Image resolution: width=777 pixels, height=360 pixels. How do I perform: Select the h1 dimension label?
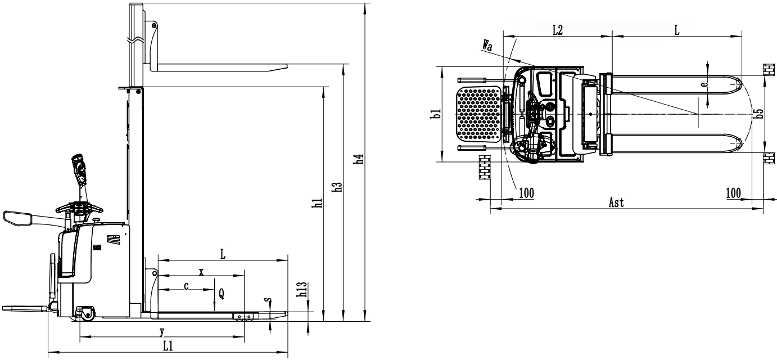pos(318,203)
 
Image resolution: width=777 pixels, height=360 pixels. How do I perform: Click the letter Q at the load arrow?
pos(222,294)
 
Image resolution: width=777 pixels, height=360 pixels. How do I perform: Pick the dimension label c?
pos(186,286)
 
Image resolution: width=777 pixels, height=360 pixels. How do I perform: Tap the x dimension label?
pos(201,272)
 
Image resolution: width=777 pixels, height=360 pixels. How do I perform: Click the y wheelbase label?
pos(162,331)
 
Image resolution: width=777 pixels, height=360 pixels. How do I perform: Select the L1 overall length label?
pos(168,346)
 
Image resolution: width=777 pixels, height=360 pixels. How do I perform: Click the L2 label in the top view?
pos(557,30)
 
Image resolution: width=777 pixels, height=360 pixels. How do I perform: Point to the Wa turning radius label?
pos(487,46)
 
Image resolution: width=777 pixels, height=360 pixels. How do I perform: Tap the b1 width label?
pos(436,114)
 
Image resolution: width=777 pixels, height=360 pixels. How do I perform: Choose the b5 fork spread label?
pos(760,114)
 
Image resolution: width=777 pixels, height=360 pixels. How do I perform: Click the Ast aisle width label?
pos(616,202)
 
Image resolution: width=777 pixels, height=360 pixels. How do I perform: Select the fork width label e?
pos(704,84)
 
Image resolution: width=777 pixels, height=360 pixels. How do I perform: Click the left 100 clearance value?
pos(527,193)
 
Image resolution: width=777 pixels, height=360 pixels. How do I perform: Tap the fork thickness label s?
pos(268,300)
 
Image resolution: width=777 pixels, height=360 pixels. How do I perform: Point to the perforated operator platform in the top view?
pos(478,114)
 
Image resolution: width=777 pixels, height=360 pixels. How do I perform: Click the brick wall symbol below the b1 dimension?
pos(485,167)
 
